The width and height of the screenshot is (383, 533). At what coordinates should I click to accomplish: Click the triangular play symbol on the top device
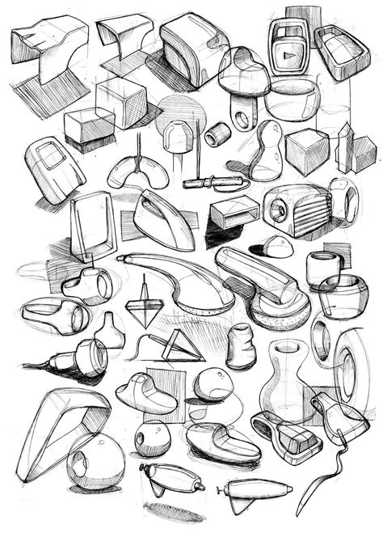coord(285,57)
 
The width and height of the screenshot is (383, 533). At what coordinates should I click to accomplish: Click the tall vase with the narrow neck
coord(288,380)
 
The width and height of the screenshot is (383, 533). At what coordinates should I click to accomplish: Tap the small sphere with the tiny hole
coord(152,438)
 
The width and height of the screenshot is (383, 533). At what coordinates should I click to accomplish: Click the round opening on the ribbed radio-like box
coord(279,213)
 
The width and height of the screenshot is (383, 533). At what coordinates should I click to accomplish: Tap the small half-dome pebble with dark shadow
coord(277,247)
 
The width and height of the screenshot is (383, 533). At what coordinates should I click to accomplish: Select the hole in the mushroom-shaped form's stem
coord(242,120)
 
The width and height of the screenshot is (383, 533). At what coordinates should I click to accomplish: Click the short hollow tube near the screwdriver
coord(217,134)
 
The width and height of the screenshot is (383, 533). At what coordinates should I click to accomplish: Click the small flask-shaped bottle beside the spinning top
coord(110,332)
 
